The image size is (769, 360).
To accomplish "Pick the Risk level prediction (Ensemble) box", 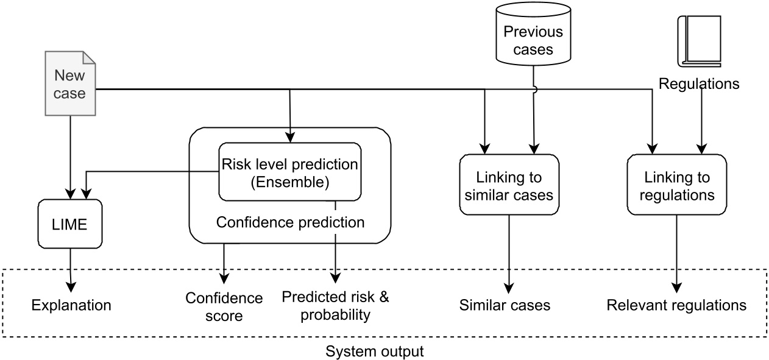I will [x=289, y=172].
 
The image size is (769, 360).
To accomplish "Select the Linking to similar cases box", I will [x=509, y=185].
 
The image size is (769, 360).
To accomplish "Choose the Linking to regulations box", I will [x=676, y=185].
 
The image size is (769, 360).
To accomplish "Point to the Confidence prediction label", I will [x=290, y=222].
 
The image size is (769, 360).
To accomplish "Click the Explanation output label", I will [x=71, y=305].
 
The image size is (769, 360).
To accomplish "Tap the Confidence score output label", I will [x=224, y=307].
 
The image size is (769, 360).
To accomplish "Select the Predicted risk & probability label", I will [x=335, y=306].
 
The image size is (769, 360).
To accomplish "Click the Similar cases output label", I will [x=505, y=305].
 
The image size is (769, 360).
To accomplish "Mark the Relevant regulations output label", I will [x=676, y=305].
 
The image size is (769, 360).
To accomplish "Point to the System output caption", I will [x=374, y=351].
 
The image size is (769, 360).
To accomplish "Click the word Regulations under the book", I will [x=699, y=83].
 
